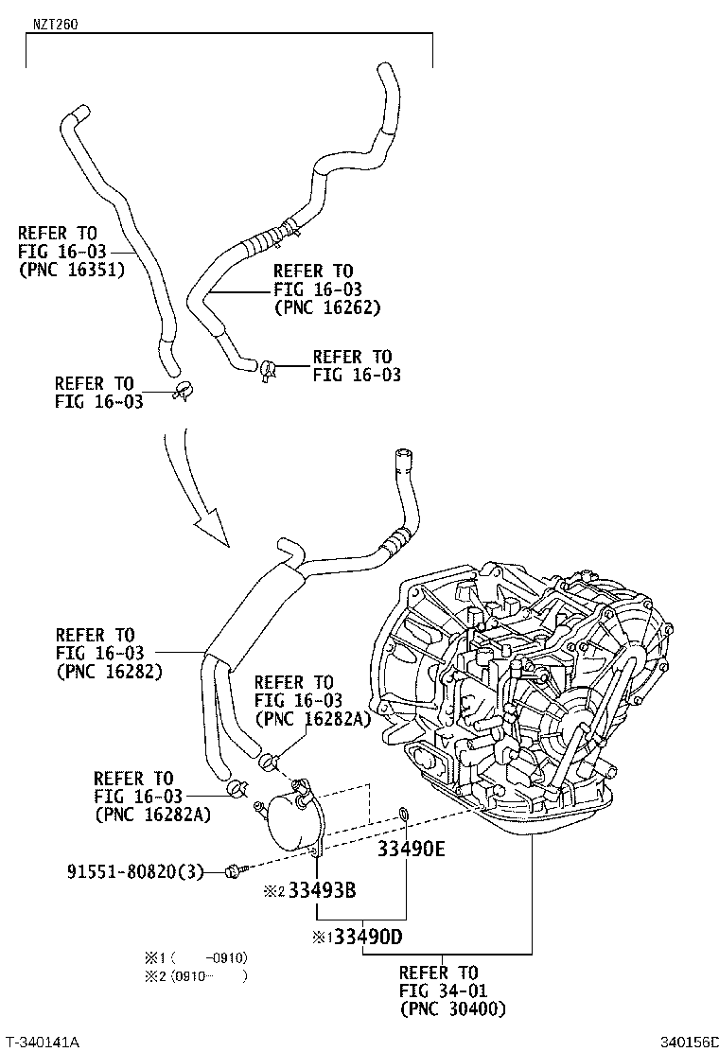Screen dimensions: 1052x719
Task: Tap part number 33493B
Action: click(x=323, y=890)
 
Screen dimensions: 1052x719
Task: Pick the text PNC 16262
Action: click(x=327, y=307)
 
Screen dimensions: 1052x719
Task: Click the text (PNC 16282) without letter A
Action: click(x=109, y=671)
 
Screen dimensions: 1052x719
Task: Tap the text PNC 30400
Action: click(x=452, y=1008)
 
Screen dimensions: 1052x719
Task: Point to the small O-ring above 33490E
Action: click(x=405, y=814)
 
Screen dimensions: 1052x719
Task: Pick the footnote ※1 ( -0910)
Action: click(x=194, y=956)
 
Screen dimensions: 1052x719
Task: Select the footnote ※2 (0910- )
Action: click(x=194, y=976)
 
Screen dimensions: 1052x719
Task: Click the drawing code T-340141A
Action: click(x=43, y=1041)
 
